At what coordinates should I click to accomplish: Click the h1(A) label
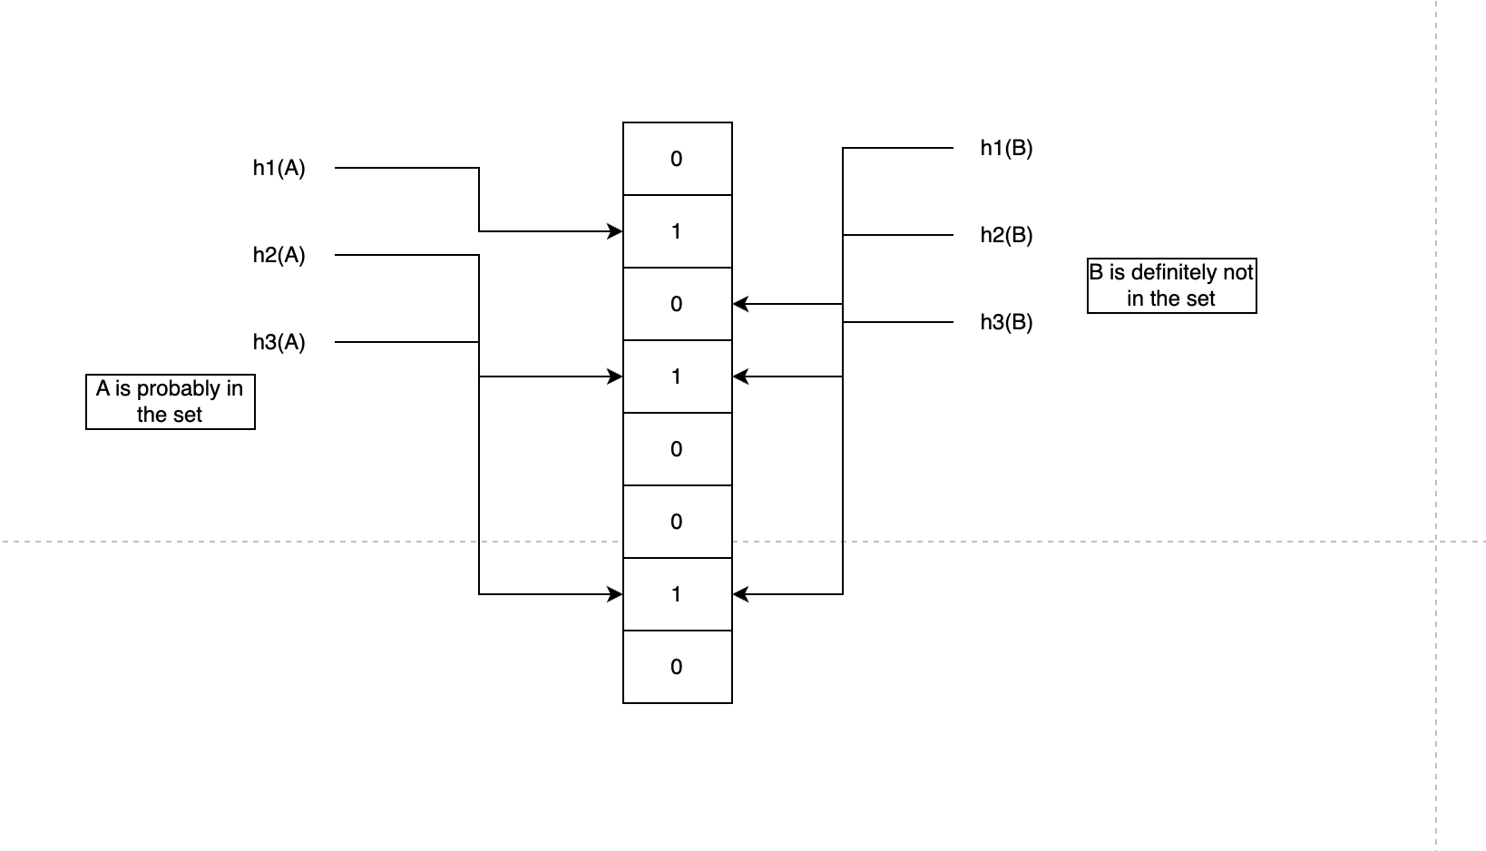pos(279,169)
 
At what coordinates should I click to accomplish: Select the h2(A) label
pos(279,256)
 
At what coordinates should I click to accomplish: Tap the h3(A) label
pos(279,343)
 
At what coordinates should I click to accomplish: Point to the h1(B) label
pos(1006,149)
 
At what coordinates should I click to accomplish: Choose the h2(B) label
pos(1006,236)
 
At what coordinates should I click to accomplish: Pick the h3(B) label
pos(1006,323)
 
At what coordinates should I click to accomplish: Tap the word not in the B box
pos(1237,272)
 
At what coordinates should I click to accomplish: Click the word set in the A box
pos(187,415)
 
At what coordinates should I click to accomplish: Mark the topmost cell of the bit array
pos(677,159)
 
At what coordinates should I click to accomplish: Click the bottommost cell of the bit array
pos(677,667)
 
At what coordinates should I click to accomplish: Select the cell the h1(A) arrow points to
pos(677,231)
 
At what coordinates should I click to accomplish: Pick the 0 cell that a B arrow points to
pos(677,304)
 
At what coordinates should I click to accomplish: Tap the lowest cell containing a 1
pos(677,594)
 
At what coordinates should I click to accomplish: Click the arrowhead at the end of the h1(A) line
pos(616,231)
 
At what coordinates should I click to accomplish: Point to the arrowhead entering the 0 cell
pos(739,304)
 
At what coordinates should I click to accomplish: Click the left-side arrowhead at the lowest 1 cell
pos(616,594)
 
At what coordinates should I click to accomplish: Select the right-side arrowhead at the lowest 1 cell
pos(739,594)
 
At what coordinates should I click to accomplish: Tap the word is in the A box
pos(121,389)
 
